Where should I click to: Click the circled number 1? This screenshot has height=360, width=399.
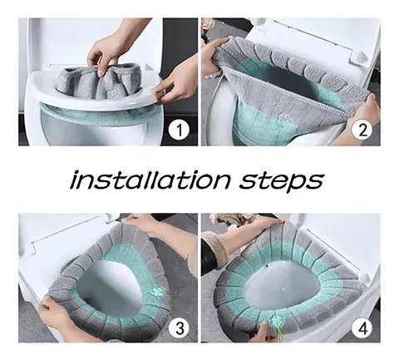click(177, 130)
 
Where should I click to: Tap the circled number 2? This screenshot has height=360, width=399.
click(360, 129)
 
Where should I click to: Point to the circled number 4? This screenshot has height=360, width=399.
click(360, 327)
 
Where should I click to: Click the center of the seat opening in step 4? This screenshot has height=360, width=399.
click(278, 283)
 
